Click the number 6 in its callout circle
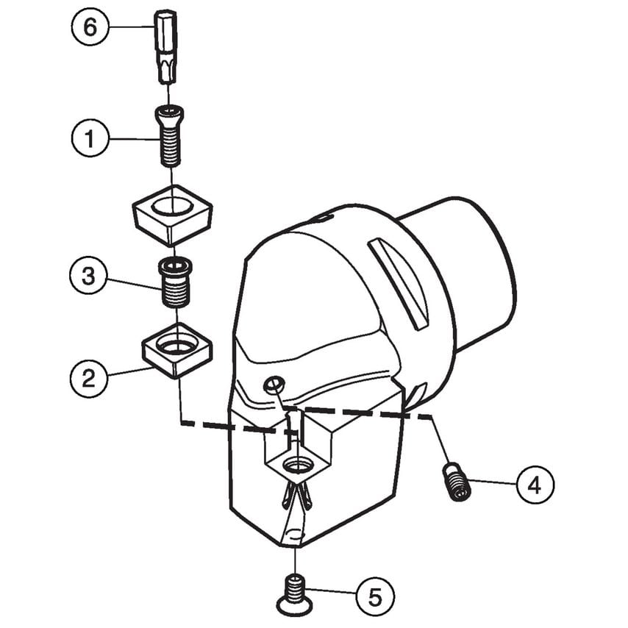tap(90, 28)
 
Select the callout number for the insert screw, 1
tap(89, 138)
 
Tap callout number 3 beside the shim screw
tap(88, 276)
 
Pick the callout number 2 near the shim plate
tap(88, 378)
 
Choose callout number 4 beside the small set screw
tap(535, 485)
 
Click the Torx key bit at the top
tap(165, 48)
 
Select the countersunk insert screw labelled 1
tap(170, 136)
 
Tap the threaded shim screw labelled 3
tap(176, 283)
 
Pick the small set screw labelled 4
tap(456, 482)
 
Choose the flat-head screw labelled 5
tap(295, 593)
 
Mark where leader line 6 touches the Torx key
tap(154, 26)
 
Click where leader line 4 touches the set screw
tap(469, 481)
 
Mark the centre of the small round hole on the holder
tap(274, 385)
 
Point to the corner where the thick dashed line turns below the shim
tap(181, 422)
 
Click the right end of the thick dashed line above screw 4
tap(432, 417)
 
